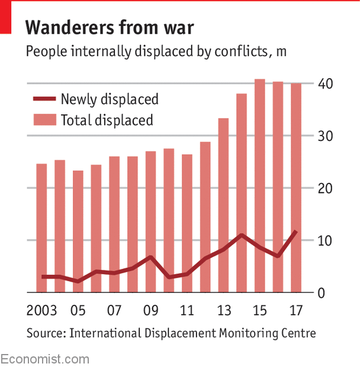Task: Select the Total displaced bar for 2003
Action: pos(41,228)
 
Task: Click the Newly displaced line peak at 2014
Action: pos(242,235)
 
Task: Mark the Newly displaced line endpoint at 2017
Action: pos(295,231)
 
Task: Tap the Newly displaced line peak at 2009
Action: pos(151,257)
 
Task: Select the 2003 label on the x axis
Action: pos(42,311)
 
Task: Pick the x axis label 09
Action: pos(151,311)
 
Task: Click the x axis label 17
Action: pos(296,311)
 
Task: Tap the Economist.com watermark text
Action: pos(45,359)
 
